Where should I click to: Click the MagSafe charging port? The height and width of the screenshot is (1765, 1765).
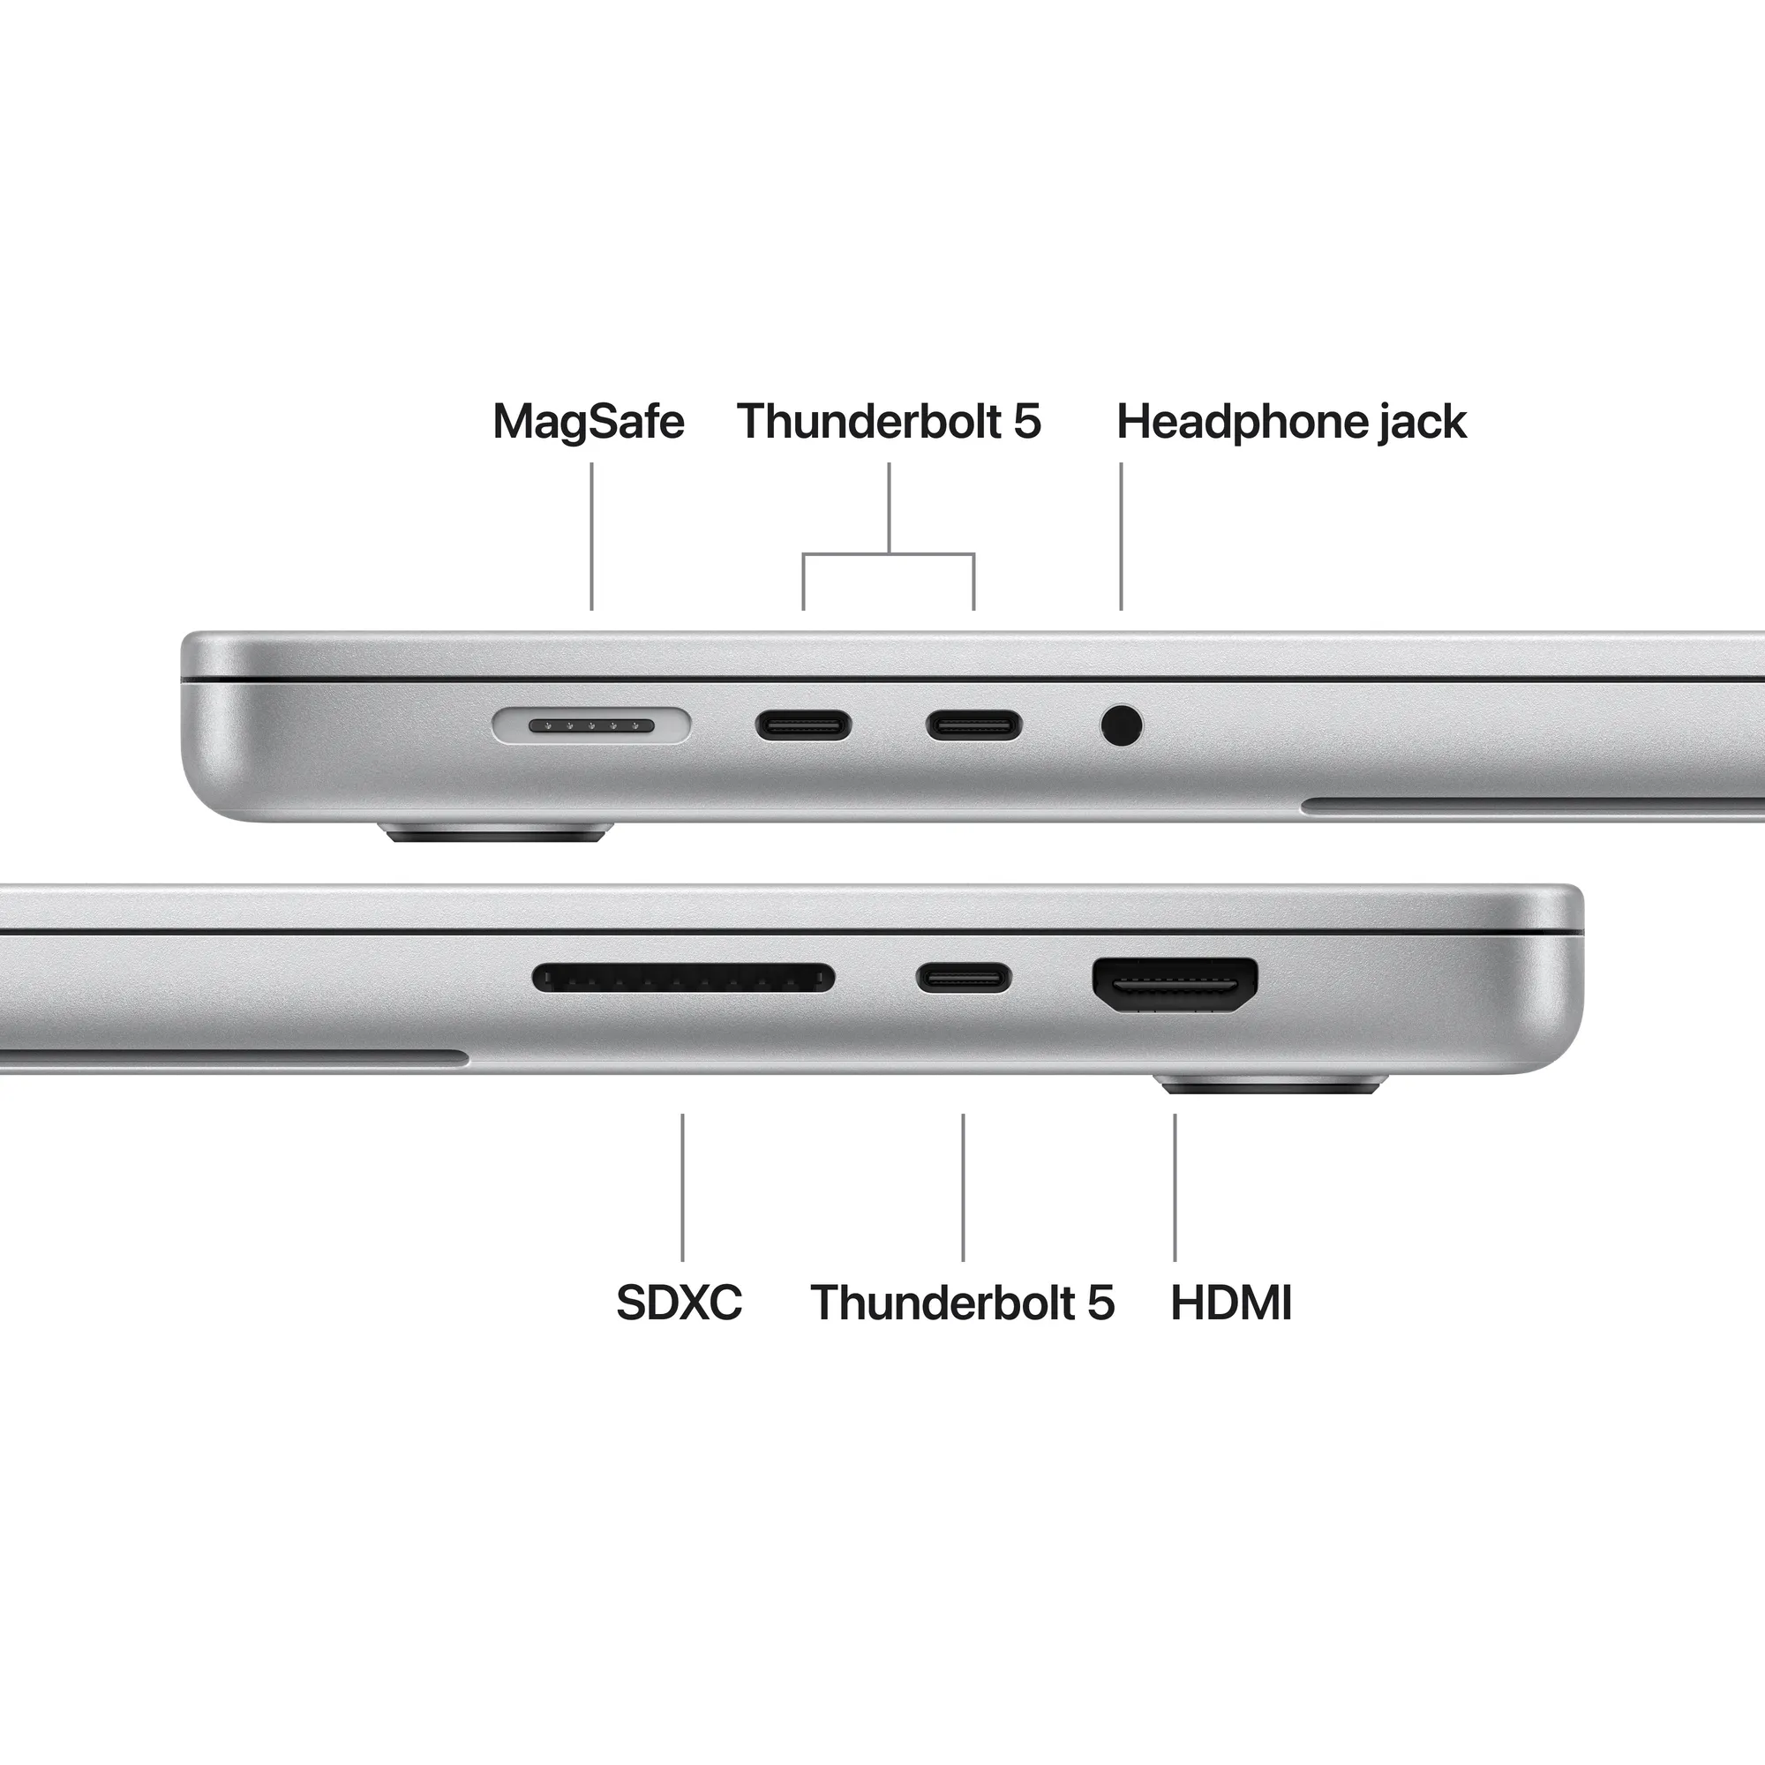pos(591,725)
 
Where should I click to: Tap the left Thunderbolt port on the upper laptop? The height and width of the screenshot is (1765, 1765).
pos(803,726)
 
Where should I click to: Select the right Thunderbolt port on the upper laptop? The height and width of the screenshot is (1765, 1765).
pos(974,726)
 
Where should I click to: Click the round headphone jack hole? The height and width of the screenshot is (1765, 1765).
pos(1121,726)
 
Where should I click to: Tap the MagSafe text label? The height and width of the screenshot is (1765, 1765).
pos(589,422)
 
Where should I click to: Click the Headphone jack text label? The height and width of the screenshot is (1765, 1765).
pos(1291,422)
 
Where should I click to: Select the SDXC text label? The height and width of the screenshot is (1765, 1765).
pos(679,1303)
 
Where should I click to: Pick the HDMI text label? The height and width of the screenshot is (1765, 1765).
pos(1230,1303)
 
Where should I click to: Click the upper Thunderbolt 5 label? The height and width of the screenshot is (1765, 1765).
pos(888,422)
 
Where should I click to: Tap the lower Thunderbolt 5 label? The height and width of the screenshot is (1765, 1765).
pos(962,1303)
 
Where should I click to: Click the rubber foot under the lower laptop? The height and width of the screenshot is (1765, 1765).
pos(1273,1086)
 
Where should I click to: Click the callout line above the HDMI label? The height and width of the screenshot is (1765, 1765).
pos(1175,1187)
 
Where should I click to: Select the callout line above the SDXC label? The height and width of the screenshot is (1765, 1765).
pos(682,1187)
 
